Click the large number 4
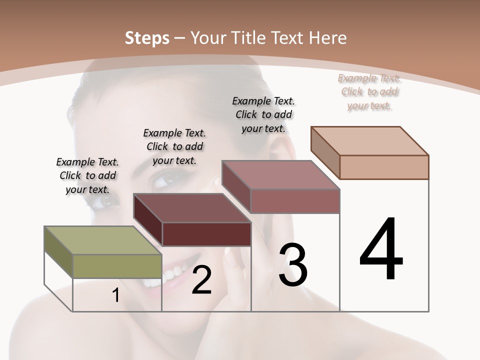pos(381,249)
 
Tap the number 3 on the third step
pos(293,264)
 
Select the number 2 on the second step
pos(201,280)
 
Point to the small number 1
pos(115,295)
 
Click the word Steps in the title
pos(147,38)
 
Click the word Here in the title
pos(328,38)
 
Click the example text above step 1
pos(87,175)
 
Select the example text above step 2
pos(174,146)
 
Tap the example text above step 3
pos(263,114)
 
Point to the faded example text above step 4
pos(369,91)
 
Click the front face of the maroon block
pos(206,234)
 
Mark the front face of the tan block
pos(384,167)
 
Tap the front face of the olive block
pos(117,266)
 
